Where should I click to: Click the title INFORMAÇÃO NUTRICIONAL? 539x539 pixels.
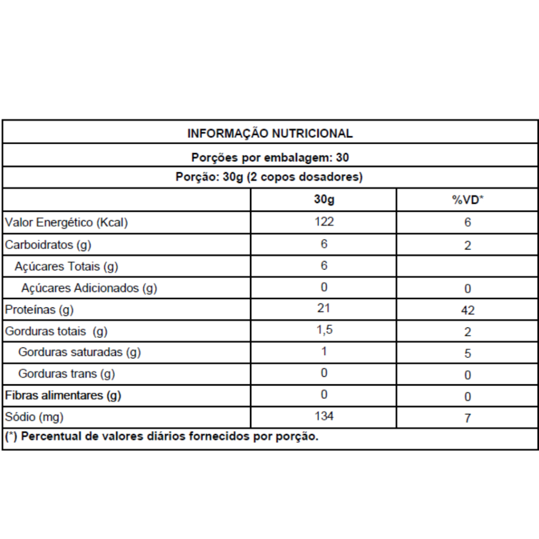click(x=269, y=133)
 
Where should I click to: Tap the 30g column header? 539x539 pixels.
click(x=324, y=200)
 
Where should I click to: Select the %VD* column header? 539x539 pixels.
click(x=467, y=201)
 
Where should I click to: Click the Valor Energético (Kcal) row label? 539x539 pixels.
click(x=66, y=223)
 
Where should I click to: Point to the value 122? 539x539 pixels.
click(x=324, y=222)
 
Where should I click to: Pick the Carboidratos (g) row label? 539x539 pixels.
click(x=52, y=245)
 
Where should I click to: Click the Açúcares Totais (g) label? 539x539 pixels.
click(x=66, y=267)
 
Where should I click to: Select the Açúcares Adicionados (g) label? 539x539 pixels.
click(x=89, y=288)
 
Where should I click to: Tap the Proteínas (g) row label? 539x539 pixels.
click(x=39, y=310)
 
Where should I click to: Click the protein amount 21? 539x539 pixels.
click(x=324, y=308)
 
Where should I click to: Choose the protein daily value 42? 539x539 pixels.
click(x=467, y=311)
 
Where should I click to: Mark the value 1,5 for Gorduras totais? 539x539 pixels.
click(x=324, y=330)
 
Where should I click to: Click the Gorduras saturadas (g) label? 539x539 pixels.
click(x=79, y=353)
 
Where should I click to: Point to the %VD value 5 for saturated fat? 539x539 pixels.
click(x=467, y=354)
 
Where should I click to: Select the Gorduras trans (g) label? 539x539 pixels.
click(x=66, y=374)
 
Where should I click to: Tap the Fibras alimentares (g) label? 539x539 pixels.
click(x=63, y=396)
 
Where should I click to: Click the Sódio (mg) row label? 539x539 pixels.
click(x=34, y=417)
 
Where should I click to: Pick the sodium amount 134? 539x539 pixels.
click(x=324, y=416)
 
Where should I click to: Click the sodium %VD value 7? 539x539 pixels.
click(x=467, y=418)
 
